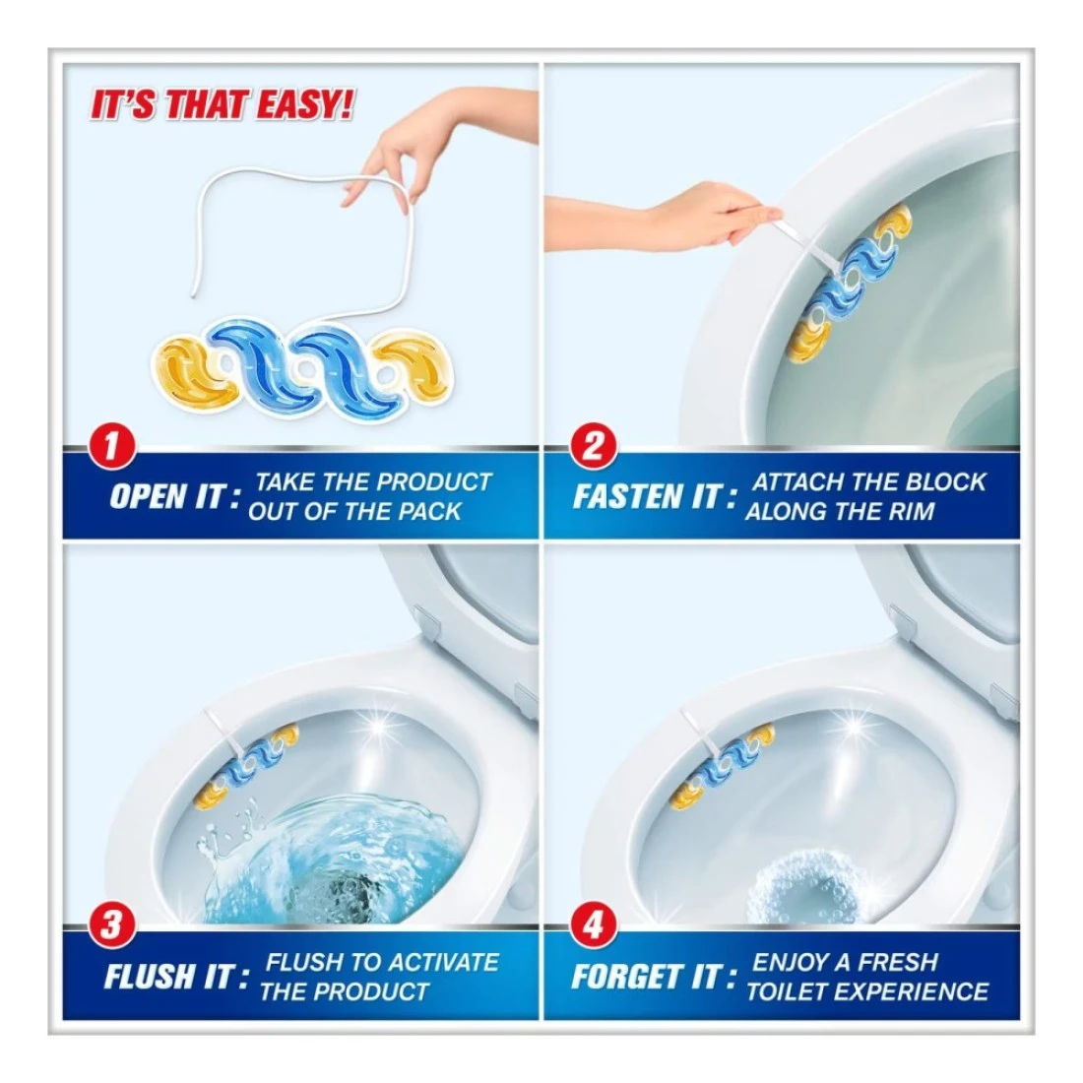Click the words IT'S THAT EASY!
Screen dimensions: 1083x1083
[x=222, y=105]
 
